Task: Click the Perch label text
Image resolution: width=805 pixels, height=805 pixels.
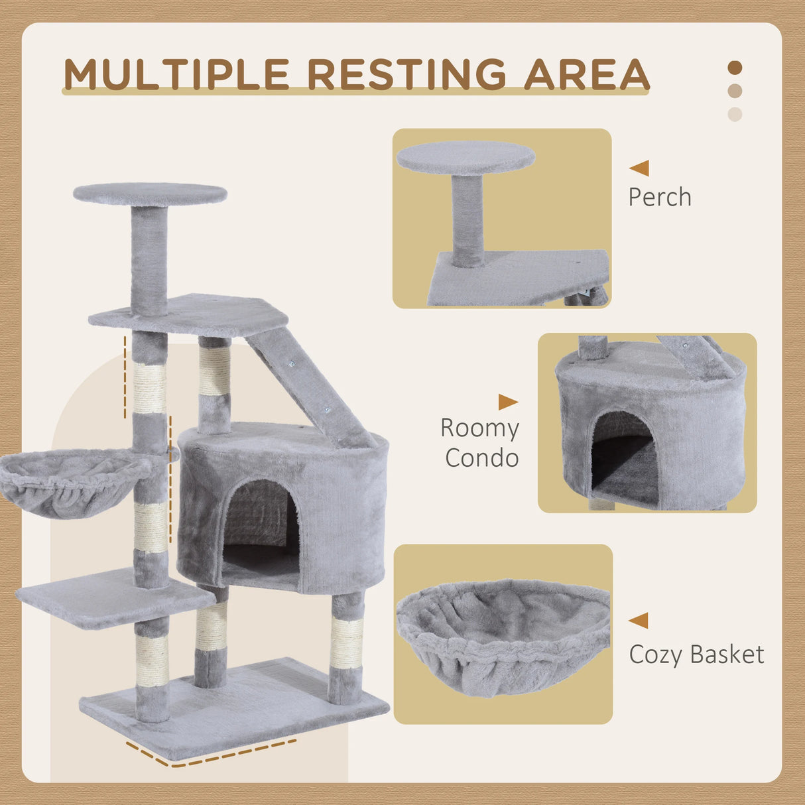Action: (x=659, y=197)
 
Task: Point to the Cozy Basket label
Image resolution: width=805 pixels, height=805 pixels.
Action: (x=696, y=654)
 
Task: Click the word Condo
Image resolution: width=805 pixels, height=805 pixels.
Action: (x=481, y=458)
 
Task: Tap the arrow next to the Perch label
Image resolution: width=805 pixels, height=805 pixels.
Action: (x=640, y=168)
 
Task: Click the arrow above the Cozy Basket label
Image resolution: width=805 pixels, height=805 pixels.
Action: (x=639, y=621)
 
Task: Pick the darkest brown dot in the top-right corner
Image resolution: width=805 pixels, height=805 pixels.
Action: (x=735, y=68)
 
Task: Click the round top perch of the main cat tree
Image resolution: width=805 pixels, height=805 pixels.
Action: (x=150, y=194)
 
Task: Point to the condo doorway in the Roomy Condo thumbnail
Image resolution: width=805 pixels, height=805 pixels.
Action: (x=623, y=458)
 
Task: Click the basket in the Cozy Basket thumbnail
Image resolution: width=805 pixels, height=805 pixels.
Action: (x=503, y=637)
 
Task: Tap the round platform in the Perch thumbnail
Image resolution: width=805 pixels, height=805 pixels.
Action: (x=465, y=157)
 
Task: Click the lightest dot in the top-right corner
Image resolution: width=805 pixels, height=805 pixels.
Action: (x=735, y=114)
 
